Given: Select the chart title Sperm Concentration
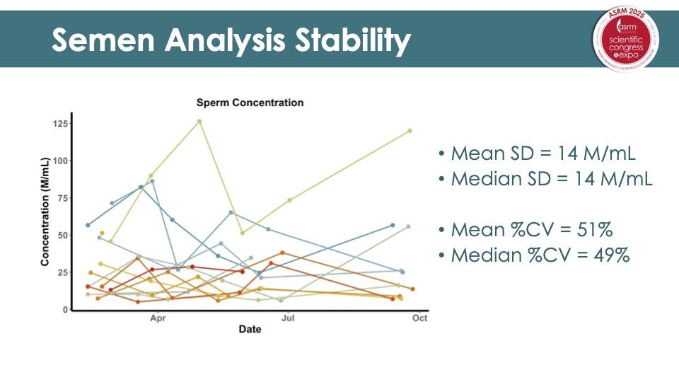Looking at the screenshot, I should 250,103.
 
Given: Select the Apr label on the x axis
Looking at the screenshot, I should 158,318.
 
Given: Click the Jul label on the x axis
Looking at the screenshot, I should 288,318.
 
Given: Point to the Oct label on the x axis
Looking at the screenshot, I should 419,318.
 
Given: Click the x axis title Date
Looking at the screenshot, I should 250,330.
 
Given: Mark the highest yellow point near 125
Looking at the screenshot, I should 199,121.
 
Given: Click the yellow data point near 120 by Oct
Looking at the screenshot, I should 410,131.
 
